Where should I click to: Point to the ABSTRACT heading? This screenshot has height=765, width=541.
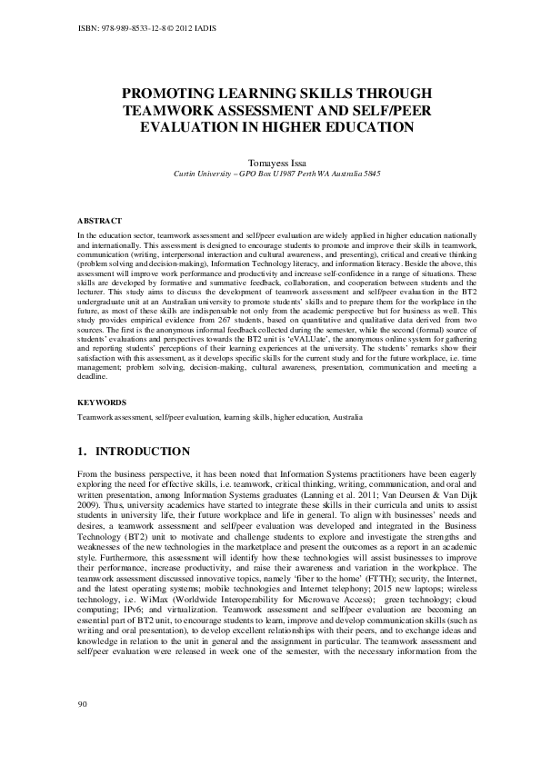[x=97, y=220]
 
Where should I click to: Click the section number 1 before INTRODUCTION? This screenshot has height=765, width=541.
[x=82, y=452]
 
